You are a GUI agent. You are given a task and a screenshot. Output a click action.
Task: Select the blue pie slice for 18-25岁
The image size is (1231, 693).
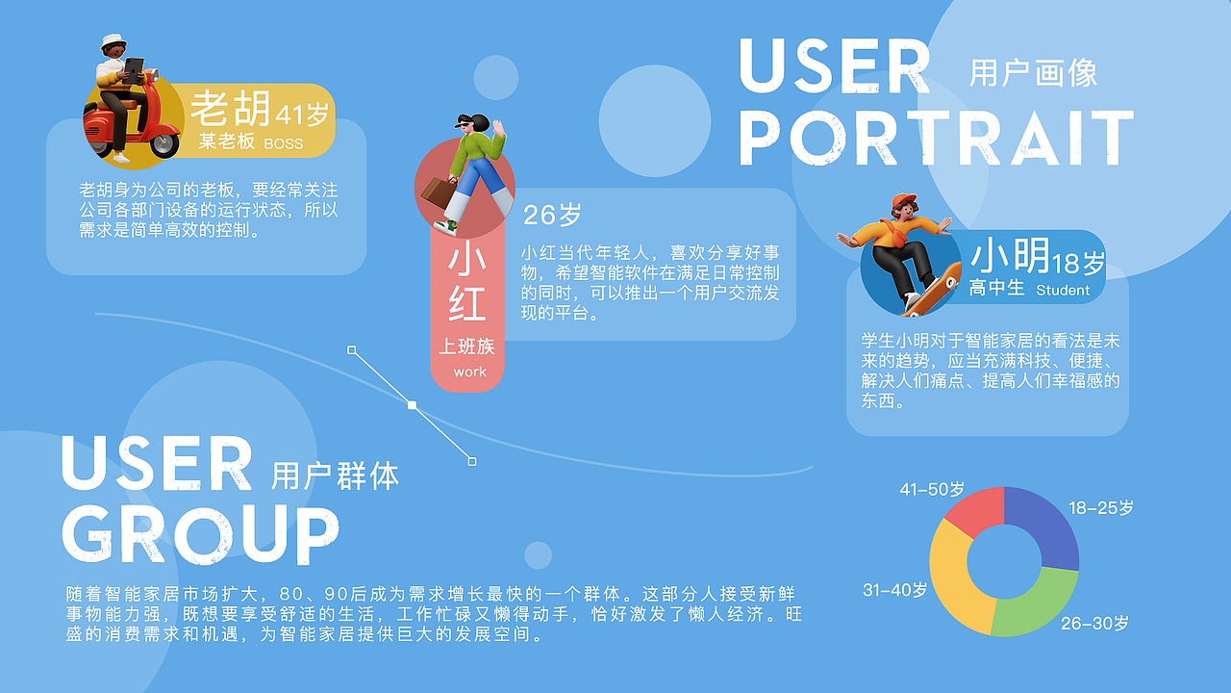click(x=1048, y=525)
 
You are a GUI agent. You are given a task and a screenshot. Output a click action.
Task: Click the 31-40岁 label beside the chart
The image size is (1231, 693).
click(x=894, y=590)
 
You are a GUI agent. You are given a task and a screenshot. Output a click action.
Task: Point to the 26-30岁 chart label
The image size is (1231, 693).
click(x=1094, y=624)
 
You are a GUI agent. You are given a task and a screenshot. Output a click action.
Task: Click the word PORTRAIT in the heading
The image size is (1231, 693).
click(x=936, y=139)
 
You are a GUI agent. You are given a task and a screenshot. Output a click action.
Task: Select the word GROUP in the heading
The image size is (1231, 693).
click(x=199, y=533)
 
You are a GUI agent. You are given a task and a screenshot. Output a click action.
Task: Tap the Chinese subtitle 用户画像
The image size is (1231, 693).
click(x=1033, y=73)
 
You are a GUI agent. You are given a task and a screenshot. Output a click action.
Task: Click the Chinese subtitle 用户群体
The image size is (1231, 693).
click(x=335, y=475)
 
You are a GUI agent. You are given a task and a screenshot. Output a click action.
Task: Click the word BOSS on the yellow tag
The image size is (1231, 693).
click(x=283, y=144)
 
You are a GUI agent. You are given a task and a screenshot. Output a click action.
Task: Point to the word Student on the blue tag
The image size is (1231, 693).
click(x=1063, y=290)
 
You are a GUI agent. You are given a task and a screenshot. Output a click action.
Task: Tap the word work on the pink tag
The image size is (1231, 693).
click(x=469, y=372)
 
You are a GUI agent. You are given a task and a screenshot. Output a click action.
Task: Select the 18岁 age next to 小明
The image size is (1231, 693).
click(x=1079, y=262)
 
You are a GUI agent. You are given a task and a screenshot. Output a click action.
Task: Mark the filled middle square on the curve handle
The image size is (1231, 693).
click(x=412, y=405)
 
